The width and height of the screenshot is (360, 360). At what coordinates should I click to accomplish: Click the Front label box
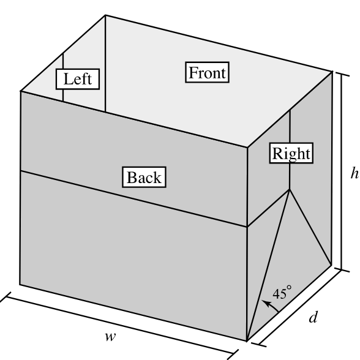point(208,72)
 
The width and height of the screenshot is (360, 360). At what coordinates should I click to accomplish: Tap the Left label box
point(78,79)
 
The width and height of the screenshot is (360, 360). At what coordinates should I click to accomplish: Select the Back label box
point(144,177)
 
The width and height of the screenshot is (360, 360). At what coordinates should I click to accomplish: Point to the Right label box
point(291,153)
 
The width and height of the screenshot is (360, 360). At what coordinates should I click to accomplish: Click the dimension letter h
point(354,173)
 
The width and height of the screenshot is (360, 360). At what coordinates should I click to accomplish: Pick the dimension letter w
point(110,337)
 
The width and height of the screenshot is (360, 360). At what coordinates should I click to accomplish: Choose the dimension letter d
point(313,317)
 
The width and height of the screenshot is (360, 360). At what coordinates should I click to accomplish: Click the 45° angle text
point(282,293)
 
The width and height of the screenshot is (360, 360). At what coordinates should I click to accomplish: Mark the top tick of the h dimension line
point(342,74)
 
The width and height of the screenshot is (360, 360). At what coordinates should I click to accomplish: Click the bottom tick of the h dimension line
point(342,270)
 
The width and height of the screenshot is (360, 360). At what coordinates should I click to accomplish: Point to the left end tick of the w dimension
point(6,297)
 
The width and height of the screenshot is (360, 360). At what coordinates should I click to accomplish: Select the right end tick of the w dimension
point(233,354)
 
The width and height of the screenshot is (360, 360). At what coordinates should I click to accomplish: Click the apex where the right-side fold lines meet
point(290,190)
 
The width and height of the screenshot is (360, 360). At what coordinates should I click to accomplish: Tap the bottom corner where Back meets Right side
point(247,340)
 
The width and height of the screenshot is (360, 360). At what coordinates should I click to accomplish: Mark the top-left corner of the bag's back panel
point(21,91)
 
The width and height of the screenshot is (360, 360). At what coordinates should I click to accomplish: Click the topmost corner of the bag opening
point(105,15)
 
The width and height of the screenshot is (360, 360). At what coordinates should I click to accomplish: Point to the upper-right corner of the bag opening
point(332,72)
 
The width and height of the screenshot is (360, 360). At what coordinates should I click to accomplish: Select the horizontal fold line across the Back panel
point(134,199)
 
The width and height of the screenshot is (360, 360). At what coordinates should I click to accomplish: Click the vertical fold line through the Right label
point(290,150)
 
